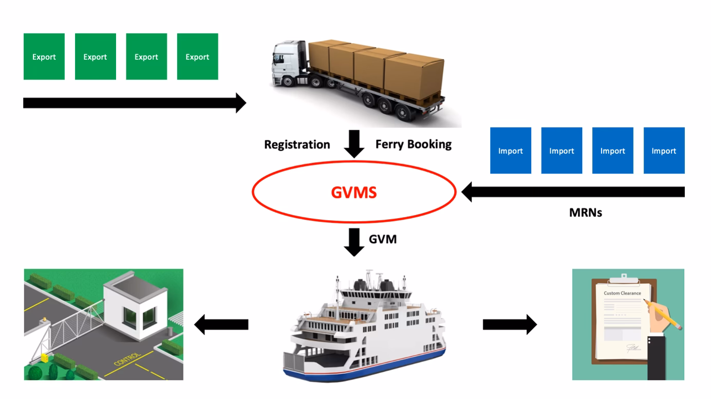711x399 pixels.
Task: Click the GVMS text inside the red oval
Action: [353, 192]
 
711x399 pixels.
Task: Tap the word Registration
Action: [297, 144]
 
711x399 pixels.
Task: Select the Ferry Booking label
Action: [413, 144]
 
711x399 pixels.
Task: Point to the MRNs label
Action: [585, 212]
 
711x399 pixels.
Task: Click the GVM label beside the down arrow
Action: [383, 239]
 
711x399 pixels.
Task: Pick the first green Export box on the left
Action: [44, 57]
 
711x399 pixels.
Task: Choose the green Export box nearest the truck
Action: [197, 57]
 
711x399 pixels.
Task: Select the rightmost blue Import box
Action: [664, 151]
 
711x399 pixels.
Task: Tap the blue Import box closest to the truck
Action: [510, 151]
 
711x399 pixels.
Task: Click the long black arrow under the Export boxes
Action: [134, 103]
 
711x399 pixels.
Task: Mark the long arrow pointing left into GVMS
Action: [573, 192]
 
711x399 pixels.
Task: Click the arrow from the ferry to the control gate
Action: [221, 324]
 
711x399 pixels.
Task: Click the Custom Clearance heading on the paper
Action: [622, 293]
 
